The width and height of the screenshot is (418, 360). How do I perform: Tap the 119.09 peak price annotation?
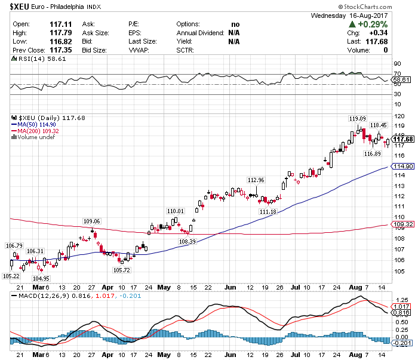tap(358, 118)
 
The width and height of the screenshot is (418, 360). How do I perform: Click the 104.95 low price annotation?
tap(41, 278)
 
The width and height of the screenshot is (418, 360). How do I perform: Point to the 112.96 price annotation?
tap(256, 180)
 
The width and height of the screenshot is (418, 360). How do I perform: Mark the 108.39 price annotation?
tap(188, 241)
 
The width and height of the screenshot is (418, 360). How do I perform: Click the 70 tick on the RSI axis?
tap(397, 73)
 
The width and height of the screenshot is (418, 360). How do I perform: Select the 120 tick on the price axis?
tap(398, 115)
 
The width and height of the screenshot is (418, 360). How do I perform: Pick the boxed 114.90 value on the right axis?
tap(404, 166)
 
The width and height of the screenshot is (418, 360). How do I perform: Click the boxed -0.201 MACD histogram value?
tap(402, 343)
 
